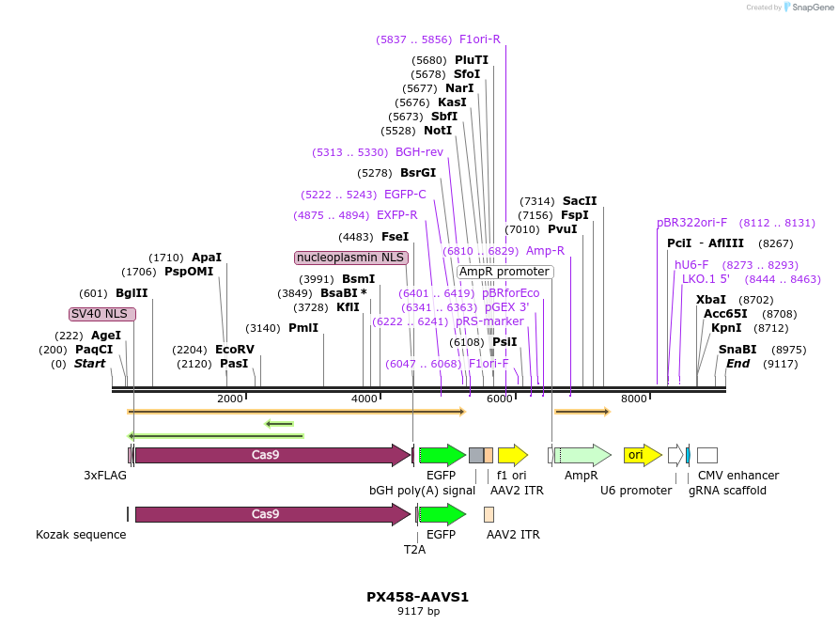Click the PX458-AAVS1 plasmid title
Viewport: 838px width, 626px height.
pos(417,597)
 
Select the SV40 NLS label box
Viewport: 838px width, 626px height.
pos(102,314)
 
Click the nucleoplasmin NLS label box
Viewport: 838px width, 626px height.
pos(351,258)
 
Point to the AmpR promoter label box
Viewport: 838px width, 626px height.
pos(504,272)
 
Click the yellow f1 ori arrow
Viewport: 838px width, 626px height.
pos(512,455)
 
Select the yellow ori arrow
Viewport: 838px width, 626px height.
pos(643,455)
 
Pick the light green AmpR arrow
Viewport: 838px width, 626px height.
pos(582,455)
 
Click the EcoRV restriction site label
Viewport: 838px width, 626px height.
pos(235,349)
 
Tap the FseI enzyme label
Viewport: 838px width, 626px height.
pos(395,237)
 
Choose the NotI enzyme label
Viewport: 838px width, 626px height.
pos(438,131)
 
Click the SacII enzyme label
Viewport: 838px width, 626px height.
pos(580,201)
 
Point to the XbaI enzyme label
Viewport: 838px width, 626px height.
pos(711,300)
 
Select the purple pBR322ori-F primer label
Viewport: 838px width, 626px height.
pos(692,223)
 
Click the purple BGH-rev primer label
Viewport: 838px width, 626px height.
pos(419,152)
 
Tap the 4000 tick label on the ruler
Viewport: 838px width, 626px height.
pos(364,399)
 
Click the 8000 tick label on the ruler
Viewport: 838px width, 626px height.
pos(634,399)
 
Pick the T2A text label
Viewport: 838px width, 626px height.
pos(414,550)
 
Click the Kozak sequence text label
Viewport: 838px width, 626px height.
pos(81,535)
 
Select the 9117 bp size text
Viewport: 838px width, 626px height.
pos(418,612)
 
